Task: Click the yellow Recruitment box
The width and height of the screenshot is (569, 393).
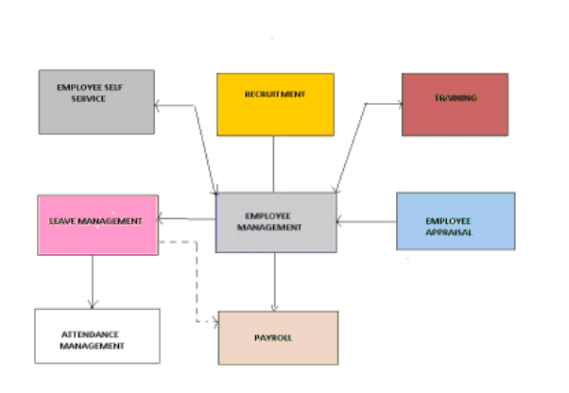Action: point(275,104)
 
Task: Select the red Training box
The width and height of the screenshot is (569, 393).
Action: point(455,104)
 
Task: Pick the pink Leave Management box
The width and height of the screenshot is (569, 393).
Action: point(97,225)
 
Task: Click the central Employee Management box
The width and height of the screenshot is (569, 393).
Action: point(276,223)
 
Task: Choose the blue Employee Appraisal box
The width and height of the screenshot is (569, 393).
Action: point(456,221)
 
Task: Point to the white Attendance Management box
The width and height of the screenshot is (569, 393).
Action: point(97,335)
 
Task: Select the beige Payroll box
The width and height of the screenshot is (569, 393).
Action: point(278,337)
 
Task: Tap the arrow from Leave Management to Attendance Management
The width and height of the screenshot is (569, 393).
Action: point(93,281)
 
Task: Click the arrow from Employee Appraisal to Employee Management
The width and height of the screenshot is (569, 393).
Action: point(367,223)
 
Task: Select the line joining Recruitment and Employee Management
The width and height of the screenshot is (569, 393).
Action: point(274,164)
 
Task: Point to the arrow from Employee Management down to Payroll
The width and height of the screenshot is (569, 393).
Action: point(275,282)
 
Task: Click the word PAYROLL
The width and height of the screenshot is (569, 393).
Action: point(273,337)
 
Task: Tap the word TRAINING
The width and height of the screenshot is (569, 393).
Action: point(456,98)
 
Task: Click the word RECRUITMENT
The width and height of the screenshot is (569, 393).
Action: point(275,94)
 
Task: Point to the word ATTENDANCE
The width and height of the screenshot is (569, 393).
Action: point(93,334)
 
